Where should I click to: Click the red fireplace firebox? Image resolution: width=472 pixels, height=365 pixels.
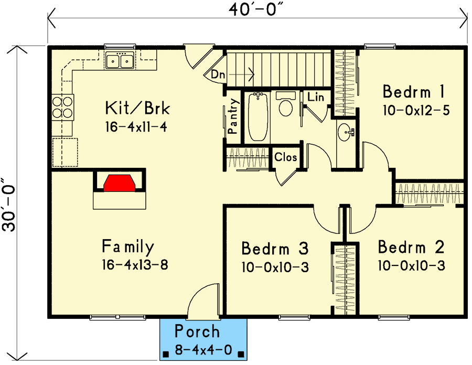coord(119,183)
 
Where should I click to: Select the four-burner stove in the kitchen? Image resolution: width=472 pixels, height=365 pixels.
coord(62,108)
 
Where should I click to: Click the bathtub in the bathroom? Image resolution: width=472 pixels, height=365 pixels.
coord(258,117)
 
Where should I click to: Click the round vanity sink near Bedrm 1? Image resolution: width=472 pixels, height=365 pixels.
coord(346,132)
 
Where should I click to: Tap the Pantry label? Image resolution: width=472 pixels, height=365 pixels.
coord(233,116)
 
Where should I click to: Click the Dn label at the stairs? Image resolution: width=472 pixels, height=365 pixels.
coord(218,74)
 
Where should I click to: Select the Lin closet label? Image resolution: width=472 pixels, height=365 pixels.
coord(316,97)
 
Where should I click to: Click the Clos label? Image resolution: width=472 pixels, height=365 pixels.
coord(285,157)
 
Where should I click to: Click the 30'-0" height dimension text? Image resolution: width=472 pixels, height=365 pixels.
coord(9,205)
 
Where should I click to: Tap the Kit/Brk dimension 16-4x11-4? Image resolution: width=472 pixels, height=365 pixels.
coord(136,127)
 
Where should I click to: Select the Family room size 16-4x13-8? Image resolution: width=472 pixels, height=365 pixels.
coord(135,265)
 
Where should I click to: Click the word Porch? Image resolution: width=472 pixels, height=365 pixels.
coord(197,331)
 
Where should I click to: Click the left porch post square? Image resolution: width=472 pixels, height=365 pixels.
coord(165,354)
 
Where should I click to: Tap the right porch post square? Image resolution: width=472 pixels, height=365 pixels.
coord(241,354)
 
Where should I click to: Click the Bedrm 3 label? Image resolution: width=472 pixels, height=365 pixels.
coord(275,249)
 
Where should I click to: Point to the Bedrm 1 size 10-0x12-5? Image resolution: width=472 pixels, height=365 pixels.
coord(416,111)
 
